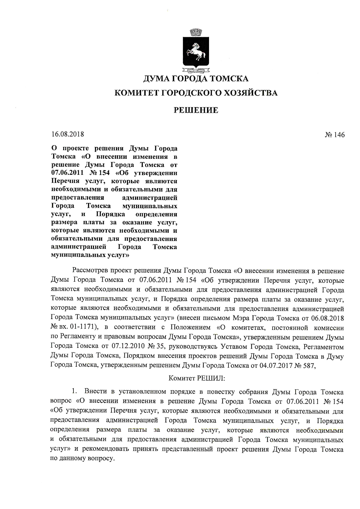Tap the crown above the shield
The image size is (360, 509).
tap(196, 32)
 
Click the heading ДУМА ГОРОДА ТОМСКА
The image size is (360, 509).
tap(196, 79)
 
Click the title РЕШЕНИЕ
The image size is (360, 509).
tap(196, 110)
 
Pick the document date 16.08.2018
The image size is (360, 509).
tap(68, 134)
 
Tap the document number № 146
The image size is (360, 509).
tap(335, 135)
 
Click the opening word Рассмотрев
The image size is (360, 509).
tap(90, 271)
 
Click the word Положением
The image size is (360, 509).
tap(190, 328)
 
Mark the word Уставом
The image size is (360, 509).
tap(233, 346)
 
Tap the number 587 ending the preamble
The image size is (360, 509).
tap(309, 365)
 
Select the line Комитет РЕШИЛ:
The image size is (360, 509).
tap(197, 378)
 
